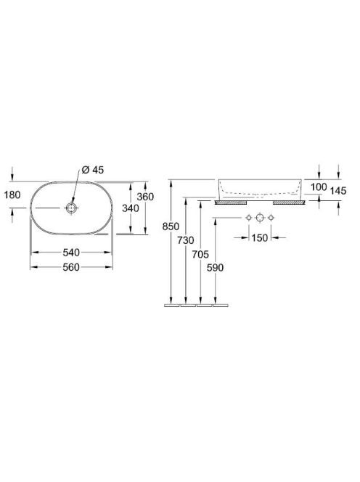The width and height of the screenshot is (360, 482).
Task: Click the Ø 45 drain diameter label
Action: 93,170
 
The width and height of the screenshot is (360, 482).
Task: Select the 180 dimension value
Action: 12,195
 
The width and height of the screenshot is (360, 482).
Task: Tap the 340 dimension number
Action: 131,208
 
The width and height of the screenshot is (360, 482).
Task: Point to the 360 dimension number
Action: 145,197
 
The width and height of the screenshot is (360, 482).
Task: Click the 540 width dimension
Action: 71,253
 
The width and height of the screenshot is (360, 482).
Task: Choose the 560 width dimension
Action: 71,267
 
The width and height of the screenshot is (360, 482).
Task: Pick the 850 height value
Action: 171,226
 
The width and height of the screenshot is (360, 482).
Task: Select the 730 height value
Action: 185,240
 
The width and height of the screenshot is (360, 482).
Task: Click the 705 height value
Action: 200,254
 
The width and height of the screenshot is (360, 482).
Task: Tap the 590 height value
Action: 215,268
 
